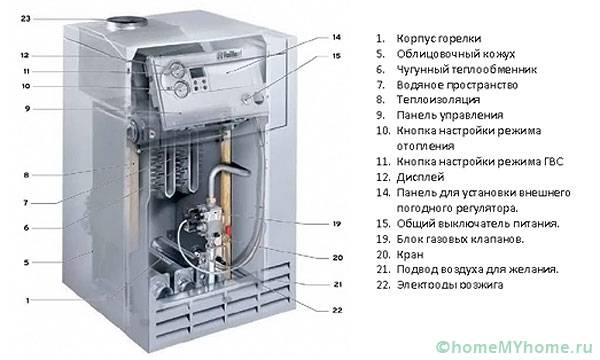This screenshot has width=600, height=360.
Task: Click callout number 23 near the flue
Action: pos(25,18)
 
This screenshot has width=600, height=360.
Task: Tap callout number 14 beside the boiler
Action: pos(336,37)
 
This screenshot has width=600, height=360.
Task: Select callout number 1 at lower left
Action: pos(27,301)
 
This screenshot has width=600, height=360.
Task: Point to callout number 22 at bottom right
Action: pos(337,310)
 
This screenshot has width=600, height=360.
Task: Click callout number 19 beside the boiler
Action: pos(336,224)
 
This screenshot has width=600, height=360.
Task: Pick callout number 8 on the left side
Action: pos(26,175)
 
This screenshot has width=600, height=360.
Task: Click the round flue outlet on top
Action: pos(127,21)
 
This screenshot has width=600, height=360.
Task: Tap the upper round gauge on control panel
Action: pos(176,69)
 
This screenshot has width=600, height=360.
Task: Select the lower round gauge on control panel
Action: pos(180,90)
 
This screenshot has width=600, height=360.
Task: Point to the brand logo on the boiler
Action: pos(229,55)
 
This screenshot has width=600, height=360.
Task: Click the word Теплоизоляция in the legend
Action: pos(438,100)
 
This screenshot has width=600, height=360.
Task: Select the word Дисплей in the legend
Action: pos(420,178)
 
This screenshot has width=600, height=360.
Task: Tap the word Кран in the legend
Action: pos(410,254)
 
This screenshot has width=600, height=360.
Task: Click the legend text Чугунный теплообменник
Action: pos(466,69)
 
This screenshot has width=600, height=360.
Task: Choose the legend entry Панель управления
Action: pos(450,115)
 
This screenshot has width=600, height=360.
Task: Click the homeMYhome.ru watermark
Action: pos(514,347)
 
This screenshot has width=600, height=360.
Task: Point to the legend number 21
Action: pos(383,269)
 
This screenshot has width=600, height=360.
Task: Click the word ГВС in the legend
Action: pos(553,161)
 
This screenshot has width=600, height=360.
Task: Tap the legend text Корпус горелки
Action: pos(439,39)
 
